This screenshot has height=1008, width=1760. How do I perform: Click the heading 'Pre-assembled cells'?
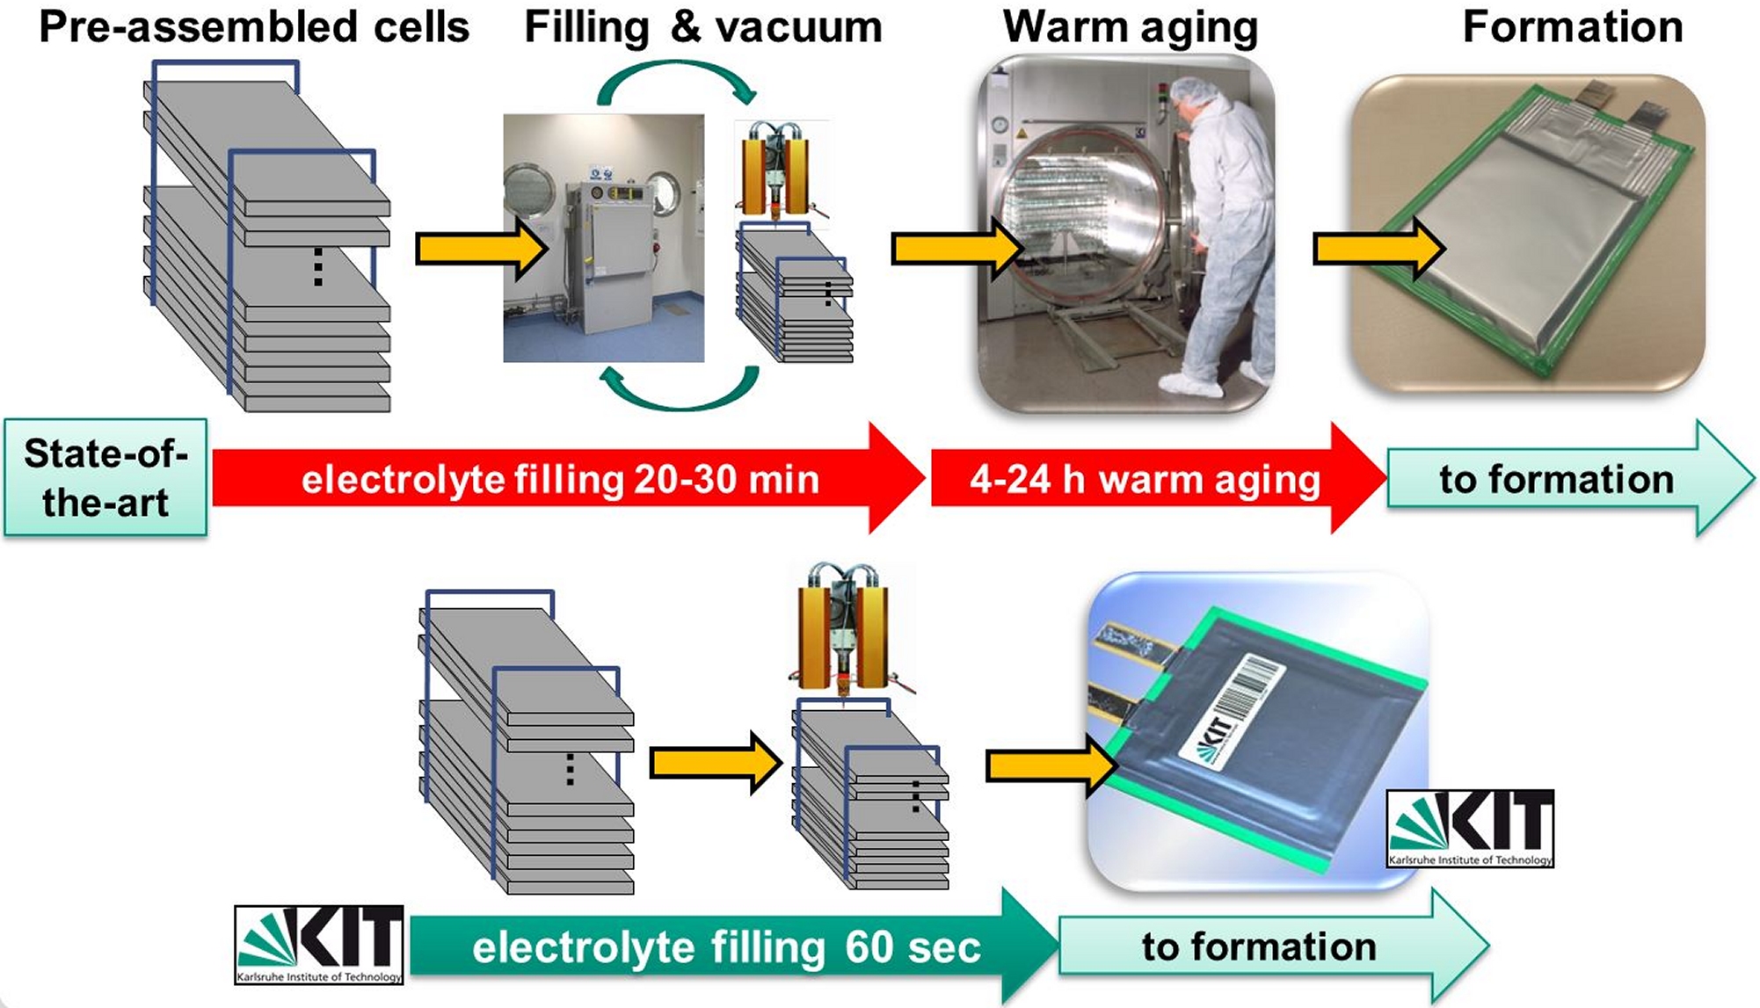pyautogui.click(x=254, y=27)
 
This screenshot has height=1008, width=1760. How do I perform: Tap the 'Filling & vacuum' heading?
pyautogui.click(x=702, y=27)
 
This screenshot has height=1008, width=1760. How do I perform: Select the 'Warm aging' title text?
pyautogui.click(x=1131, y=27)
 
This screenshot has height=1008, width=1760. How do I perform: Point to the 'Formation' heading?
pyautogui.click(x=1572, y=27)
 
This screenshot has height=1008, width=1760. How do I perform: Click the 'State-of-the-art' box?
pyautogui.click(x=105, y=478)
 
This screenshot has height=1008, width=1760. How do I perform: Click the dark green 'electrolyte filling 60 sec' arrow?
pyautogui.click(x=725, y=946)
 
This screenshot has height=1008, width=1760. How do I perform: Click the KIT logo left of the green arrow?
pyautogui.click(x=319, y=945)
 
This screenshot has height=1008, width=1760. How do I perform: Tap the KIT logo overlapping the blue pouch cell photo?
pyautogui.click(x=1470, y=828)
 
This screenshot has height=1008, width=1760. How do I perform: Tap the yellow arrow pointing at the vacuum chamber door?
pyautogui.click(x=956, y=250)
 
